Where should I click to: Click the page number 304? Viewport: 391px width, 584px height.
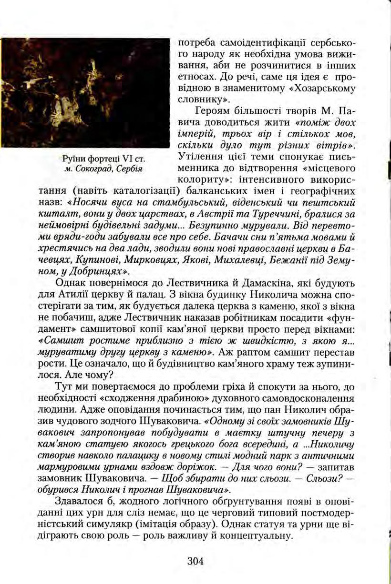(195, 561)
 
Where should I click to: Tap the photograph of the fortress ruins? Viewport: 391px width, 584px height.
(85, 93)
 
